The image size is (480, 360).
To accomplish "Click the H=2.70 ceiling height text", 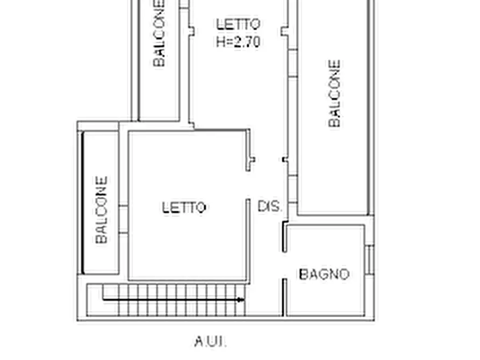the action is [238, 41].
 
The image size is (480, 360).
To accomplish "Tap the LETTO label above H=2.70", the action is [238, 24].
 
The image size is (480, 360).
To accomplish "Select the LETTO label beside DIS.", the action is [184, 207].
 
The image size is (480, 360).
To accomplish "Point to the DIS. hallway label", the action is [269, 206].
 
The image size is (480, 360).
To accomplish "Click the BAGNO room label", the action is [324, 274].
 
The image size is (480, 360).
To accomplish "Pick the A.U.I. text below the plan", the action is [211, 341].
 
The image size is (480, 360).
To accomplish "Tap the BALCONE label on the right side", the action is [334, 93].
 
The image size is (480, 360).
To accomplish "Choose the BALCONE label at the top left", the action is [159, 33].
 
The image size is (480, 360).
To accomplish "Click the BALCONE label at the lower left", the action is [102, 210].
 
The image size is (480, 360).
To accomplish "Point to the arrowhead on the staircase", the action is [241, 300].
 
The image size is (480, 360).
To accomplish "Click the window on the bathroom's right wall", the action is [370, 260].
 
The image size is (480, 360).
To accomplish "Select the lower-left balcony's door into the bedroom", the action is [124, 219].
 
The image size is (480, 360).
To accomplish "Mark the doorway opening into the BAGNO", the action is [284, 265].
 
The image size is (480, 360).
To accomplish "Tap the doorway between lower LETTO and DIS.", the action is [248, 185].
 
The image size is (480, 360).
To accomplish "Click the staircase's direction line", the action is [173, 299].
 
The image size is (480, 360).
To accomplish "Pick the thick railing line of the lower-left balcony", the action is [83, 203].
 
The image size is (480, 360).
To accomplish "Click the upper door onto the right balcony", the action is [293, 63].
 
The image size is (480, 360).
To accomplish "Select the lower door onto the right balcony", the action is [293, 189].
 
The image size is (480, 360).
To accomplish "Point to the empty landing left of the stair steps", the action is [95, 300].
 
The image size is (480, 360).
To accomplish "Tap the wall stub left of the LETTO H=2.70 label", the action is [191, 31].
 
